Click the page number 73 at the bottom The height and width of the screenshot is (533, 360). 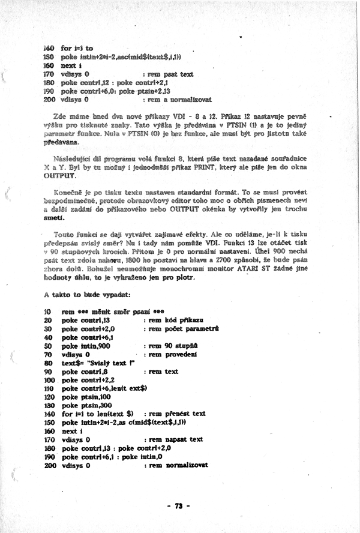(178, 505)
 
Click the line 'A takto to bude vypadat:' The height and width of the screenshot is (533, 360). (83, 296)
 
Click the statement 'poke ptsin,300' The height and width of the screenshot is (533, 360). (84, 405)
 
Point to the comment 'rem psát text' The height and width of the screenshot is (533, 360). (170, 74)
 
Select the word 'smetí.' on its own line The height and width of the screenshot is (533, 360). (56, 220)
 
